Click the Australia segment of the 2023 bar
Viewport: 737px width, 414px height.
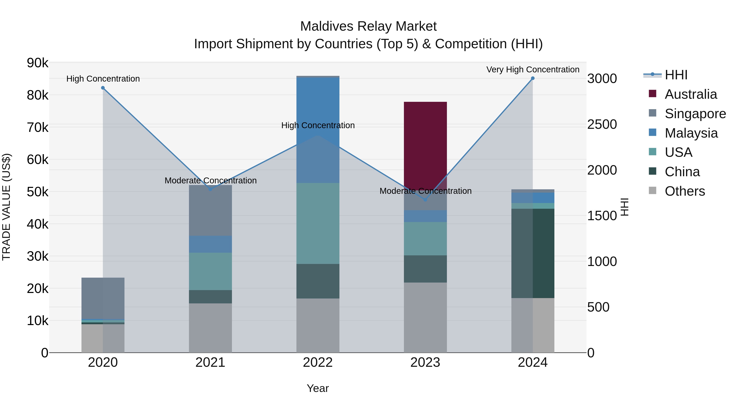point(425,143)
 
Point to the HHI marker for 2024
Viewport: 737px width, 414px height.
point(532,78)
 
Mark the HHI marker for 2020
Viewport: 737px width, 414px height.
point(103,88)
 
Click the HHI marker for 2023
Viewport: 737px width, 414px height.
point(425,200)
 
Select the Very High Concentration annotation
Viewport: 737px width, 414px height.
point(532,70)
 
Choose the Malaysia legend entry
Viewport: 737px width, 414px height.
point(691,133)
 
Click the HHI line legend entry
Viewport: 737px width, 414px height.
point(676,75)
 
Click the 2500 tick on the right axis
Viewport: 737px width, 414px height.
point(602,124)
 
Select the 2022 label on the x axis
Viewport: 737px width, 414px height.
point(318,362)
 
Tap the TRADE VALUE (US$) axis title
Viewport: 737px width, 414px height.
point(6,207)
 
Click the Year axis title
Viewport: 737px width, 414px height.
point(318,388)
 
